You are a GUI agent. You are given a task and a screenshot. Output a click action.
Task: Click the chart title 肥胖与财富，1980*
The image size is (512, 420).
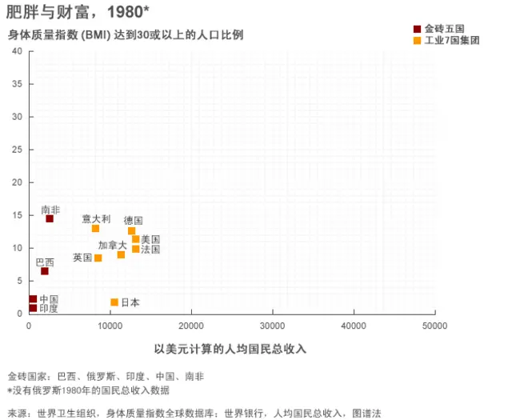78,12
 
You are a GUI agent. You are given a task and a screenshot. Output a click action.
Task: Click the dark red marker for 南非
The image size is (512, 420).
50,218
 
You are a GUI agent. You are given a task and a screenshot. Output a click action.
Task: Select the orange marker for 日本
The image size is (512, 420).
114,302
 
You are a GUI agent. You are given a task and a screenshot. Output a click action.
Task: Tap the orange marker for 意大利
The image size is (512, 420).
96,229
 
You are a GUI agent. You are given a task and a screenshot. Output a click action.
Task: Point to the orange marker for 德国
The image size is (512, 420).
132,231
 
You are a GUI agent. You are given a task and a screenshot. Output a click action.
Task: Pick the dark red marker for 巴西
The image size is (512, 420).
45,271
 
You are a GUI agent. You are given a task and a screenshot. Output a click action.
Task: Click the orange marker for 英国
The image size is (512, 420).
98,258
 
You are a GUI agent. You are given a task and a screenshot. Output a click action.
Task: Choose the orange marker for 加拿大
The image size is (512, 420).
122,254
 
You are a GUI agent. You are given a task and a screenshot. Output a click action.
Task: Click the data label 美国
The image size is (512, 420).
150,239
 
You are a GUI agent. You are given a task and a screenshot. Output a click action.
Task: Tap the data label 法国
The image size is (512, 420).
150,250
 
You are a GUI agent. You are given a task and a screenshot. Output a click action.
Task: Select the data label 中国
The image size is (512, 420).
49,298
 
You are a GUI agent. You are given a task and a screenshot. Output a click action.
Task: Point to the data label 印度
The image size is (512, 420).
49,308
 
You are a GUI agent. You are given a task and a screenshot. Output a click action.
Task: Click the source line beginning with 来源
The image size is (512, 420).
194,413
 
